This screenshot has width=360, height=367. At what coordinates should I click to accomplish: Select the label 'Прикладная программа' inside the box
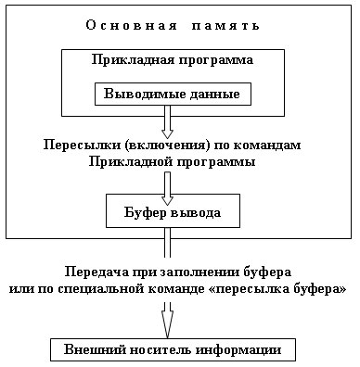pos(173,60)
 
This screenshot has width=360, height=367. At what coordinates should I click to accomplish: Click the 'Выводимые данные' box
pos(173,95)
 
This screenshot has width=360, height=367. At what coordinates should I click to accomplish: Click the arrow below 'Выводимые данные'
pos(168,122)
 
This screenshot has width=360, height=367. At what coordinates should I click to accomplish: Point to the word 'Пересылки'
pos(77,146)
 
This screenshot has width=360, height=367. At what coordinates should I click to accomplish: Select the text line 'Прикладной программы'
pos(173,161)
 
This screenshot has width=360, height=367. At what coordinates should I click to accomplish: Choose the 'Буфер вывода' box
pos(173,212)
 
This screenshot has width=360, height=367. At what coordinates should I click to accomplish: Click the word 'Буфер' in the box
pos(144,212)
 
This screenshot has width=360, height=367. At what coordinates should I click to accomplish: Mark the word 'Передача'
pos(95,273)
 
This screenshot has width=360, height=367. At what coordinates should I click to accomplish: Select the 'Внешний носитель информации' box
pos(173,351)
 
